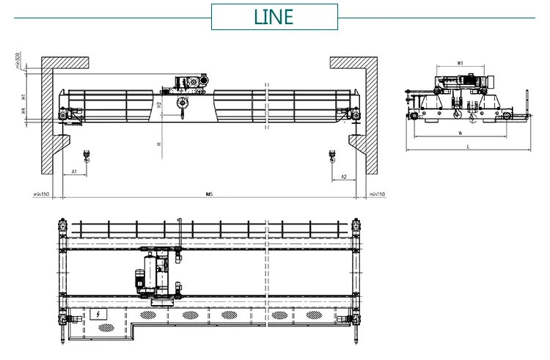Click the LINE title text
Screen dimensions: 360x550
point(274,17)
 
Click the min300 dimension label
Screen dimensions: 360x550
point(17,60)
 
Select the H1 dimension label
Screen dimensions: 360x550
point(23,95)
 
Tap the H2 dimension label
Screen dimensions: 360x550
point(159,105)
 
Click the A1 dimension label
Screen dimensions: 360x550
point(74,172)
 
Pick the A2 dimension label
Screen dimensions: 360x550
point(344,177)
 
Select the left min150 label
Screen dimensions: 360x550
point(40,194)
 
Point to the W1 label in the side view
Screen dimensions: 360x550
point(458,63)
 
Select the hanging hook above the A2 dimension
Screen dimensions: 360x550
point(331,155)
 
